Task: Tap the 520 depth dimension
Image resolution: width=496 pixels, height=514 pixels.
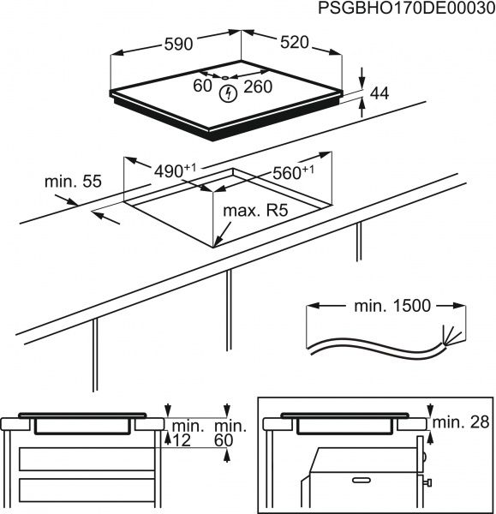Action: [x=293, y=42]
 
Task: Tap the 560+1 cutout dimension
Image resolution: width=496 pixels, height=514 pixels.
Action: [x=292, y=172]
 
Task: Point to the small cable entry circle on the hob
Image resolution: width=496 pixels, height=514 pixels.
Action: [x=225, y=78]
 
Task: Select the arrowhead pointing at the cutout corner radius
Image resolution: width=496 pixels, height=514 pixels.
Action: [x=220, y=242]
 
